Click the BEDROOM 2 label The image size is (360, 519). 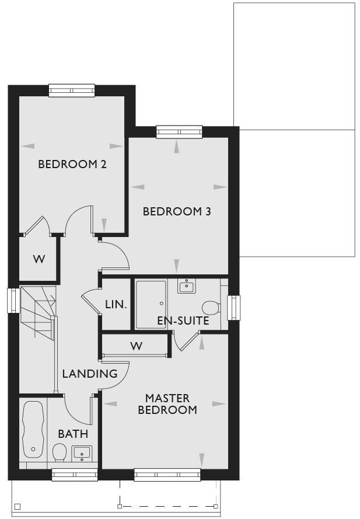[72, 164]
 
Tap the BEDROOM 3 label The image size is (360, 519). [177, 211]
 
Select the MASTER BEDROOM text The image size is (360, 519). [167, 404]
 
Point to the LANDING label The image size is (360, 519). [90, 374]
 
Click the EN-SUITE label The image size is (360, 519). [183, 321]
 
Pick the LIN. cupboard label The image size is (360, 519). [116, 305]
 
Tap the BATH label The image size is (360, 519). [73, 434]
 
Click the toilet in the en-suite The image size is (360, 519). [211, 308]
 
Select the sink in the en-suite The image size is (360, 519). [187, 286]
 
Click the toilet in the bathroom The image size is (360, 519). [60, 453]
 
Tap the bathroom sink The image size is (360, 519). [82, 454]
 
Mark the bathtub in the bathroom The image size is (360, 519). [33, 430]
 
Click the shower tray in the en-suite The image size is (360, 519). [151, 305]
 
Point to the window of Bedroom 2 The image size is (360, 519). [72, 90]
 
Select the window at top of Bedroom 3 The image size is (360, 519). [179, 132]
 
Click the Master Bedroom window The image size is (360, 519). [167, 475]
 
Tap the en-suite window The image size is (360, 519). [233, 308]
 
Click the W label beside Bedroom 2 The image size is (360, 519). [39, 259]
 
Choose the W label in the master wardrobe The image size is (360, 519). [137, 346]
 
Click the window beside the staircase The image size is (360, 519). [13, 301]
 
